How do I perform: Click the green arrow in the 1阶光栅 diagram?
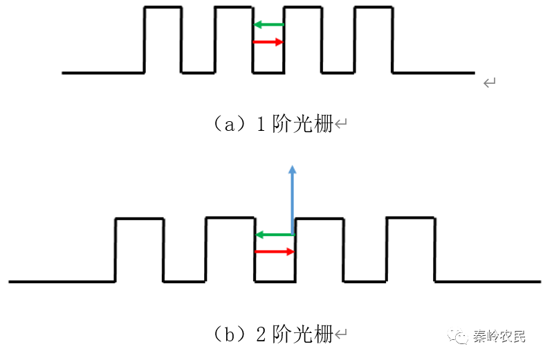coord(268,25)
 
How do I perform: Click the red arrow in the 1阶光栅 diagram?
coord(268,42)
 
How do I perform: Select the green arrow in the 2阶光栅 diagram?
coord(275,235)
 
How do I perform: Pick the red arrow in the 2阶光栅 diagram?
coord(275,251)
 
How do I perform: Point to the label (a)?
coord(228,125)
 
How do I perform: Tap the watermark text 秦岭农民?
coord(499,336)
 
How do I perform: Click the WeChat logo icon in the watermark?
coord(459,336)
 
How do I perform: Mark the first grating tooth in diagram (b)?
coord(139,250)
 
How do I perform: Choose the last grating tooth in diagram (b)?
coord(410,250)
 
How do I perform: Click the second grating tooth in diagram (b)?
coord(230,250)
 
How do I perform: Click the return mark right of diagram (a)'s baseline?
coord(490,83)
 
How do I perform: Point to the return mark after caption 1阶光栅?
coord(341,125)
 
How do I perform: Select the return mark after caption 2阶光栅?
coord(341,334)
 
